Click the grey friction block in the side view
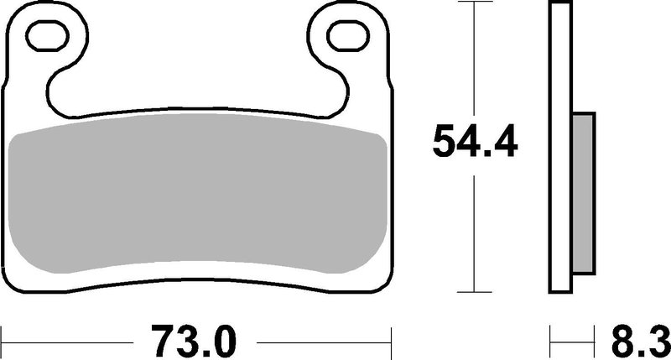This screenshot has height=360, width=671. pyautogui.click(x=585, y=194)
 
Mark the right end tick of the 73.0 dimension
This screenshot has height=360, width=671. pyautogui.click(x=393, y=341)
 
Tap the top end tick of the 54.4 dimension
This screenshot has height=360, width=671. pyautogui.click(x=476, y=4)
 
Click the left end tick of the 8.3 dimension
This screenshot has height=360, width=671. pyautogui.click(x=551, y=341)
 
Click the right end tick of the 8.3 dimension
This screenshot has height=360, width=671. pyautogui.click(x=596, y=341)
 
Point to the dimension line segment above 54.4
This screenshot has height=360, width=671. pyautogui.click(x=476, y=59)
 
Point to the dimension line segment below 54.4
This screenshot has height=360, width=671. pyautogui.click(x=476, y=227)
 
